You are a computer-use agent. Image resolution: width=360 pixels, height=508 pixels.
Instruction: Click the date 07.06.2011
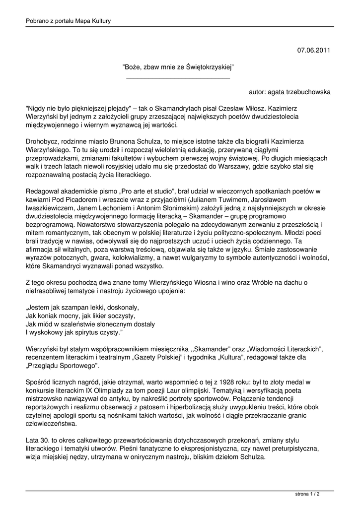[314, 50]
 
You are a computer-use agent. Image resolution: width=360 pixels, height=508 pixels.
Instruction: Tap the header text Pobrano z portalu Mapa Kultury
[68, 21]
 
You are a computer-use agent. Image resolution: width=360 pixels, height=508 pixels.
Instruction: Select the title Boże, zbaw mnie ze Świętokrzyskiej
[178, 66]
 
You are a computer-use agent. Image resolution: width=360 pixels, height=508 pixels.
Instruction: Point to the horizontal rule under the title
[178, 78]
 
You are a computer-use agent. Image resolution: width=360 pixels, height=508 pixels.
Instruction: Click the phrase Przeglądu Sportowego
[64, 367]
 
